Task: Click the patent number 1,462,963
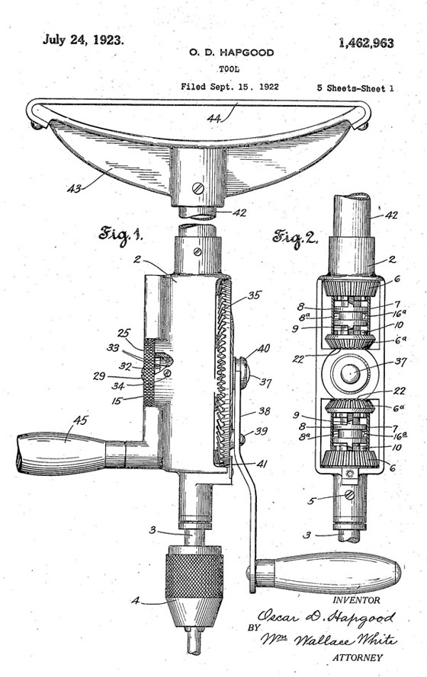[366, 43]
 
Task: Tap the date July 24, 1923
[83, 40]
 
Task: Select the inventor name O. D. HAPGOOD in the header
[231, 53]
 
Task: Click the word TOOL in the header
[229, 69]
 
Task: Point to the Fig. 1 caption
[120, 235]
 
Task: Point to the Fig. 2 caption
[295, 238]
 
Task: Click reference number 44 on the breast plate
[215, 118]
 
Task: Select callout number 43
[75, 188]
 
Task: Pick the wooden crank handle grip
[329, 573]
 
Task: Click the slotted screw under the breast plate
[198, 188]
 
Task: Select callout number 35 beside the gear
[255, 295]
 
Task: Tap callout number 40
[264, 349]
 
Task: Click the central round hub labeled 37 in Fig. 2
[350, 372]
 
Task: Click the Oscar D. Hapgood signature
[326, 617]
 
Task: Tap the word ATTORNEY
[357, 657]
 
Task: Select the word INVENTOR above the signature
[357, 600]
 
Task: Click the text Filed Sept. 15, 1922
[230, 87]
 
